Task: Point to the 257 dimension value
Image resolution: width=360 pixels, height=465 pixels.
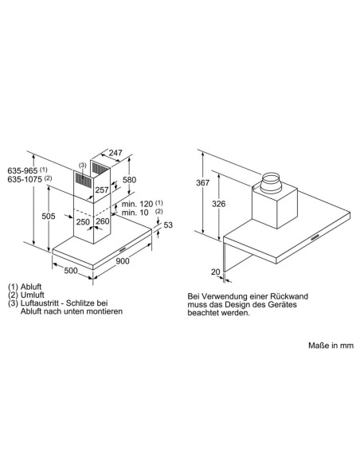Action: [103, 191]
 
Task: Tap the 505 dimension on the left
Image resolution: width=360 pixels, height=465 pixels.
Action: [48, 215]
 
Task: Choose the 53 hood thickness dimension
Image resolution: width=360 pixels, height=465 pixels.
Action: [168, 225]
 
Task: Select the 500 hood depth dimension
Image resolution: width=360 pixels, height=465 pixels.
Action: [72, 272]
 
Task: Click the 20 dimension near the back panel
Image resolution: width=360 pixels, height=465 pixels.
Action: [215, 272]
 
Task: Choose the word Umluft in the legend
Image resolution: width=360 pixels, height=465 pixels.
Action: [33, 295]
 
